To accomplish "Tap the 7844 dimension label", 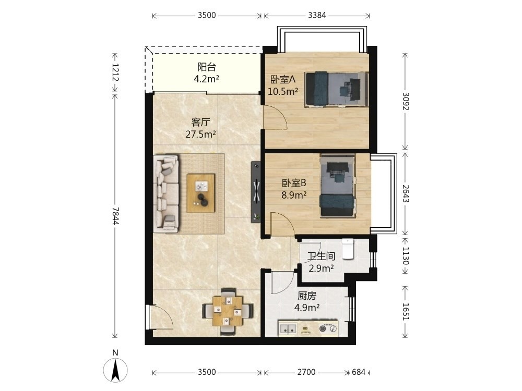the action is click(x=115, y=216).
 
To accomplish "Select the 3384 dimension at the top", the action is click(x=317, y=15).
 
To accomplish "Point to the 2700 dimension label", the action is click(x=306, y=372).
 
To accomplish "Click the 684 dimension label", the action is click(x=359, y=372).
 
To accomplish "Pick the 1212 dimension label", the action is click(x=115, y=72).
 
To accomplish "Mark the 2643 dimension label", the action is click(x=406, y=193).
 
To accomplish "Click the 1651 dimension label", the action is click(x=406, y=312).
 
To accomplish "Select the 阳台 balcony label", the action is click(x=207, y=67).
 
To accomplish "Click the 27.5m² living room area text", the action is click(x=200, y=135).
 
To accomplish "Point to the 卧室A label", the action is click(x=282, y=79).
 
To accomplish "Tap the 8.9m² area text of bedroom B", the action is click(x=294, y=195).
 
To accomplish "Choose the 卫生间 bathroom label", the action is click(x=321, y=256).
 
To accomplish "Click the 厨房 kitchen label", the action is click(x=307, y=296).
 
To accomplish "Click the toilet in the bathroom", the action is click(x=348, y=249).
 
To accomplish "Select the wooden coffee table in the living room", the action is click(x=201, y=193).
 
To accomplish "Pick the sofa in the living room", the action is click(x=166, y=193).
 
